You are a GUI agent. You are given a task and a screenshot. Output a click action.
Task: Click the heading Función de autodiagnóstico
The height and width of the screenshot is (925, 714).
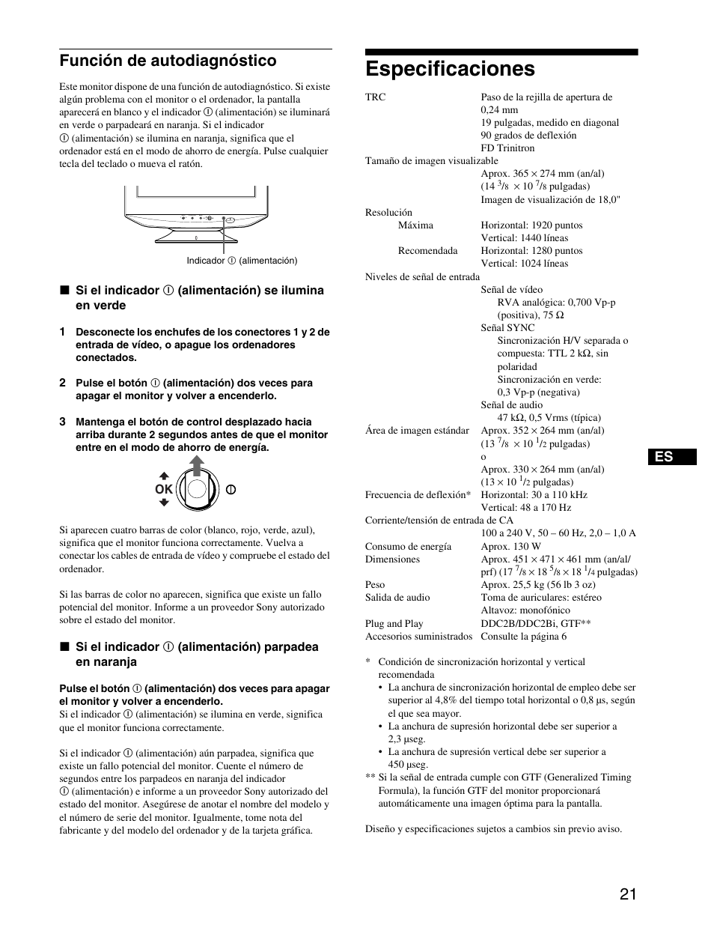[168, 61]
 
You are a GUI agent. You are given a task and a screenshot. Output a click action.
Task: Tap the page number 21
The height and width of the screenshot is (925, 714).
[628, 894]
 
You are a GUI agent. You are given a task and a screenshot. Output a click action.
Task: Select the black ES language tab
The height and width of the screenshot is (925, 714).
[672, 457]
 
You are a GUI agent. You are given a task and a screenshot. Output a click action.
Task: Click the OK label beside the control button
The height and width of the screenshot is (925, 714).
[163, 489]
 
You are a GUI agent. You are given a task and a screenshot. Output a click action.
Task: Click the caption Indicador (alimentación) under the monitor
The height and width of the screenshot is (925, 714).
[242, 261]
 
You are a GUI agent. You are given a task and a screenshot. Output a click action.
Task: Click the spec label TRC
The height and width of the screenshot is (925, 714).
[375, 97]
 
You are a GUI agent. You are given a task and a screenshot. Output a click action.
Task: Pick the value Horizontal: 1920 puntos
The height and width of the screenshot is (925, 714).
[531, 225]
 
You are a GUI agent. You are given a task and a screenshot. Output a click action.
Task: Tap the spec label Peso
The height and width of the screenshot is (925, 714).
[375, 585]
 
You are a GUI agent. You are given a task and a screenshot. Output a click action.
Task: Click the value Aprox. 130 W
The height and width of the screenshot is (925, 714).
[510, 547]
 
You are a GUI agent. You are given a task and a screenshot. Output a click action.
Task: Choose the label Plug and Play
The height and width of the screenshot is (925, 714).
[394, 624]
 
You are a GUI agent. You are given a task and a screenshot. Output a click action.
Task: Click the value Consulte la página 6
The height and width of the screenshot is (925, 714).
[523, 637]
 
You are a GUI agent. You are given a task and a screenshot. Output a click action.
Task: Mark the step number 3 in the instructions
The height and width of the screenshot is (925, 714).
[63, 422]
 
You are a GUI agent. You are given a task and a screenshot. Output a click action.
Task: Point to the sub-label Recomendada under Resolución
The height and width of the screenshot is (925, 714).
[427, 251]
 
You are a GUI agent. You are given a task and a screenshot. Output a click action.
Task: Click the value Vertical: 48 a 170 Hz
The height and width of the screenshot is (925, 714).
[525, 508]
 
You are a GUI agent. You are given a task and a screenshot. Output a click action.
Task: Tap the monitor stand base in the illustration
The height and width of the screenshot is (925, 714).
[197, 237]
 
